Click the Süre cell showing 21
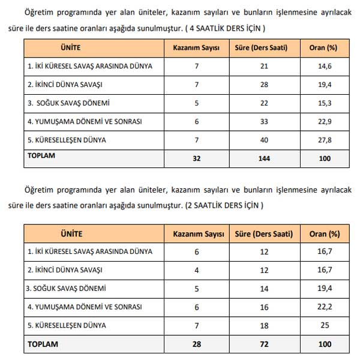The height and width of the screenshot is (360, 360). [x=264, y=66]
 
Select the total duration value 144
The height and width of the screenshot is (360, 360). [x=264, y=159]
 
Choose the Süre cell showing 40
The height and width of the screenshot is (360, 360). [x=264, y=140]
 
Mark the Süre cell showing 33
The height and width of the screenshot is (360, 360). [x=264, y=121]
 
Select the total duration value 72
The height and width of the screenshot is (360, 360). [x=264, y=344]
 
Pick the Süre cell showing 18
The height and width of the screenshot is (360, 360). [x=264, y=325]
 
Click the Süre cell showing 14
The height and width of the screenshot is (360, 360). [x=264, y=288]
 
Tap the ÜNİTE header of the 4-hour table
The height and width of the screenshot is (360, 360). [x=71, y=47]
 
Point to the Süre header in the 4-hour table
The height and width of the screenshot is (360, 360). [x=264, y=47]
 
